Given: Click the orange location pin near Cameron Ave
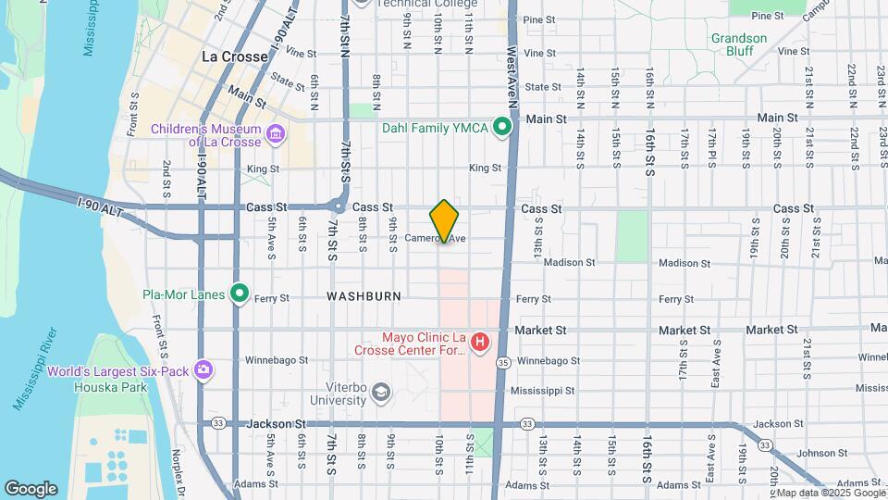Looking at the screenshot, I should [444, 220].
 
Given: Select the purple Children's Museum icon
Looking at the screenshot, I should [276, 136].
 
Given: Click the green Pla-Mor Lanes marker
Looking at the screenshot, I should [240, 294].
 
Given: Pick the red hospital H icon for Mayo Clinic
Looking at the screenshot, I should [479, 344].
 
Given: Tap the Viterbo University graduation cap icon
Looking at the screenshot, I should [380, 394].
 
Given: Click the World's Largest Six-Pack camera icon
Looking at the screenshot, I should [203, 371].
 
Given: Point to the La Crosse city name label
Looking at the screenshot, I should [235, 56].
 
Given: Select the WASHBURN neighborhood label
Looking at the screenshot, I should [364, 296].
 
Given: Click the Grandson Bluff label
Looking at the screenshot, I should [738, 44].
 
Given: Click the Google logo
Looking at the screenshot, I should [31, 488].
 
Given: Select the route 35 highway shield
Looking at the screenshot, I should [503, 361].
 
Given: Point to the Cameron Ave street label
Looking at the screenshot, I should [435, 238].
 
